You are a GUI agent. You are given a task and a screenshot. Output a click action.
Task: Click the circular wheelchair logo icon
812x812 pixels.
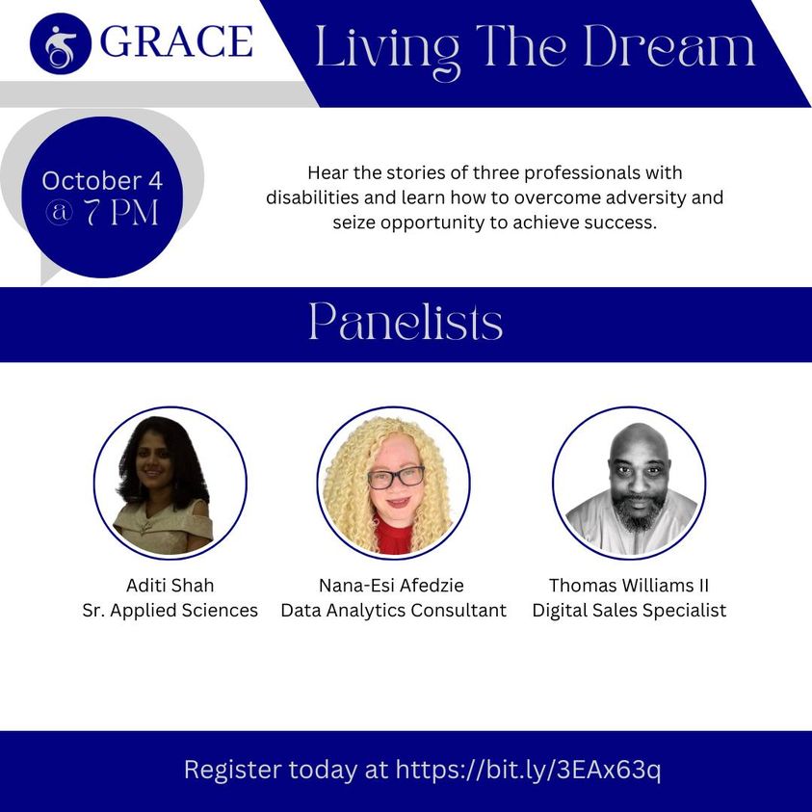tap(61, 43)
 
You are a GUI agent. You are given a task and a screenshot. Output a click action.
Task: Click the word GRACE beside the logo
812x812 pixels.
tap(176, 41)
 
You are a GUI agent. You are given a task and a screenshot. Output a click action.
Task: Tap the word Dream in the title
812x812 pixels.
tap(669, 46)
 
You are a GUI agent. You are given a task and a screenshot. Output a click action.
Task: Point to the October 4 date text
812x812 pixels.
tap(102, 181)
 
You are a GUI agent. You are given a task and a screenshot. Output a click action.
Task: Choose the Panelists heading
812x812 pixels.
tap(406, 323)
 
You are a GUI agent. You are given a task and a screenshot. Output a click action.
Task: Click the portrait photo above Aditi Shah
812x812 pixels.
tap(170, 484)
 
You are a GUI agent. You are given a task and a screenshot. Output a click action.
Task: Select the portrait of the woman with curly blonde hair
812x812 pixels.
tap(394, 484)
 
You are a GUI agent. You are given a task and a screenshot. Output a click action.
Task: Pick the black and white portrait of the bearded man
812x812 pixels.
tap(629, 484)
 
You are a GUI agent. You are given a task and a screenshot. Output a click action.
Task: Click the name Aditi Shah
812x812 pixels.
tap(170, 586)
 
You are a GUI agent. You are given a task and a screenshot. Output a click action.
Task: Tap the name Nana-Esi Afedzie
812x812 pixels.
tap(391, 586)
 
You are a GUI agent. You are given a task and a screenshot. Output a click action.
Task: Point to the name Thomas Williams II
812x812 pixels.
tap(629, 586)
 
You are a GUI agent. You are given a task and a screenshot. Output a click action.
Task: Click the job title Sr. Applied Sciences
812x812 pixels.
tap(170, 611)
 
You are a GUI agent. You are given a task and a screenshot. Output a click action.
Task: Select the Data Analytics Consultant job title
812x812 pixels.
tap(394, 611)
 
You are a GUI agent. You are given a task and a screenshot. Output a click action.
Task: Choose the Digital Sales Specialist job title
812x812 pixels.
tap(629, 611)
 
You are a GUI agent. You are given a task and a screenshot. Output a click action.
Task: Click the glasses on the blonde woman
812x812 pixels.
tap(396, 478)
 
